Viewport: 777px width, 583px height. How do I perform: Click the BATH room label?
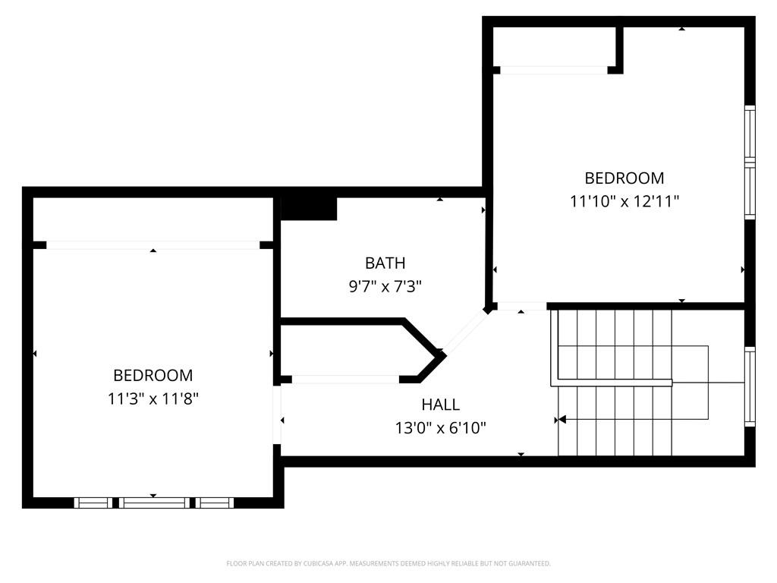pyautogui.click(x=385, y=263)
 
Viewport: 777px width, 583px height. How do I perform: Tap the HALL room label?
pyautogui.click(x=441, y=405)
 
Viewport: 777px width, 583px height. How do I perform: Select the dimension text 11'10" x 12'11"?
pyautogui.click(x=624, y=201)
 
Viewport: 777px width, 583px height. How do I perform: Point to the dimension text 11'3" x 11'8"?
pyautogui.click(x=153, y=399)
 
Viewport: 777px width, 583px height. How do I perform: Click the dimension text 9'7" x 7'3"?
pyautogui.click(x=385, y=286)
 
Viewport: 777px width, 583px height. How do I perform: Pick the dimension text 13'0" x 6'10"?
pyautogui.click(x=441, y=427)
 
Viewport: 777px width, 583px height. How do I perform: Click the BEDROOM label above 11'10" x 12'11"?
pyautogui.click(x=624, y=178)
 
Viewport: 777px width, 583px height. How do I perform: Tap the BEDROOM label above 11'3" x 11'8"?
pyautogui.click(x=153, y=375)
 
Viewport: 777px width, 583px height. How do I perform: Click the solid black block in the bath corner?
pyautogui.click(x=309, y=209)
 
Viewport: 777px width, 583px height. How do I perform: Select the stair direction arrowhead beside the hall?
pyautogui.click(x=562, y=420)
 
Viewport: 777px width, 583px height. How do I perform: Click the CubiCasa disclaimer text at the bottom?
pyautogui.click(x=388, y=563)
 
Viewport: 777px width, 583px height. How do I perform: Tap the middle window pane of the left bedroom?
pyautogui.click(x=154, y=503)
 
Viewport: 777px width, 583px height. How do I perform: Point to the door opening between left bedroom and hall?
pyautogui.click(x=278, y=415)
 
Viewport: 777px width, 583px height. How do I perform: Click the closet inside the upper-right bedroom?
pyautogui.click(x=555, y=46)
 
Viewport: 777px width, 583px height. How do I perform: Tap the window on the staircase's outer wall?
pyautogui.click(x=750, y=386)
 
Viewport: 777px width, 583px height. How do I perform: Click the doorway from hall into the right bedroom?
pyautogui.click(x=521, y=307)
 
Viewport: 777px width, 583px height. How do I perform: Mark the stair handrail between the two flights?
pyautogui.click(x=612, y=383)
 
